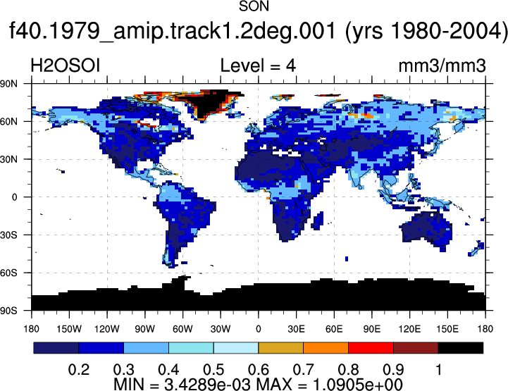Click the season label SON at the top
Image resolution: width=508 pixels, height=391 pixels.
tap(254, 6)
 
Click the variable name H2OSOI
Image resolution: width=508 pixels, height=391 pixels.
tap(65, 66)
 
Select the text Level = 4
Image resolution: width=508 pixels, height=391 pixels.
tap(258, 66)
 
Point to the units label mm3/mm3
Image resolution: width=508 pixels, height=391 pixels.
tap(442, 66)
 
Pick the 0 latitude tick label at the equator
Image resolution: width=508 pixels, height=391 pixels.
tap(14, 197)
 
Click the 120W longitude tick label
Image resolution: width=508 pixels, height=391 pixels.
tap(107, 329)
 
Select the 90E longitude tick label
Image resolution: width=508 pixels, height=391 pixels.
tap(371, 329)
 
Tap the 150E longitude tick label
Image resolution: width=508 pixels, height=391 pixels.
tap(447, 329)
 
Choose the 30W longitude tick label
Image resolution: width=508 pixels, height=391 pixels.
tap(221, 329)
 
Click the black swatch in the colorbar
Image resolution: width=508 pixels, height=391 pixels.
tap(461, 348)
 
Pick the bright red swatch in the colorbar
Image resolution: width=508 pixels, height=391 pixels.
tap(371, 348)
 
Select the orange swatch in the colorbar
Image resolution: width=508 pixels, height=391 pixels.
tap(326, 348)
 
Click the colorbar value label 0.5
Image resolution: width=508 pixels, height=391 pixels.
tap(213, 370)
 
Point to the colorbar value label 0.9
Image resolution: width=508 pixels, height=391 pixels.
tap(393, 370)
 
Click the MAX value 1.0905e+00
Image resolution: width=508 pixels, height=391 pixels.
tap(358, 385)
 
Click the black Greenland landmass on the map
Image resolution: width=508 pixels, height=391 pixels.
tap(207, 104)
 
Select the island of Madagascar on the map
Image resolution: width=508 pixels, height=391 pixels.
tap(318, 221)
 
